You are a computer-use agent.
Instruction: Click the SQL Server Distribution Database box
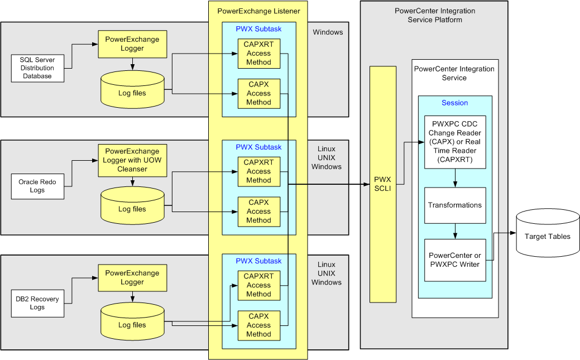pyautogui.click(x=37, y=68)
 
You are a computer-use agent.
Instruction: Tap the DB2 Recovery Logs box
pyautogui.click(x=37, y=303)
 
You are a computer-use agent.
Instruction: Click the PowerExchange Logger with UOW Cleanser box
pyautogui.click(x=132, y=160)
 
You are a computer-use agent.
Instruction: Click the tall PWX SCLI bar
pyautogui.click(x=383, y=184)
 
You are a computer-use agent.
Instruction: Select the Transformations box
pyautogui.click(x=455, y=205)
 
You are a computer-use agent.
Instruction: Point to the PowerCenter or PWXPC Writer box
pyautogui.click(x=455, y=260)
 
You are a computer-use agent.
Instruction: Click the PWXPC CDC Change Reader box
pyautogui.click(x=455, y=142)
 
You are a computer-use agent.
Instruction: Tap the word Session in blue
pyautogui.click(x=454, y=103)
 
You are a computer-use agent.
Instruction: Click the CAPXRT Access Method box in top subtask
pyautogui.click(x=258, y=54)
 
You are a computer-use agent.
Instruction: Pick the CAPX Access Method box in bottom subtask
pyautogui.click(x=258, y=325)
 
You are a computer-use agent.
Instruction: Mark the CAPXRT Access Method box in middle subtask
pyautogui.click(x=258, y=171)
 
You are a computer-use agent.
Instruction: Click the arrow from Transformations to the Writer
pyautogui.click(x=456, y=231)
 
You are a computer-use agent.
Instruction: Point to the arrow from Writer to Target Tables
pyautogui.click(x=502, y=246)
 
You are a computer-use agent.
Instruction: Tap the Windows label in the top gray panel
pyautogui.click(x=328, y=32)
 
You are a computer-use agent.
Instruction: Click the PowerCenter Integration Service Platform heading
pyautogui.click(x=434, y=15)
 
